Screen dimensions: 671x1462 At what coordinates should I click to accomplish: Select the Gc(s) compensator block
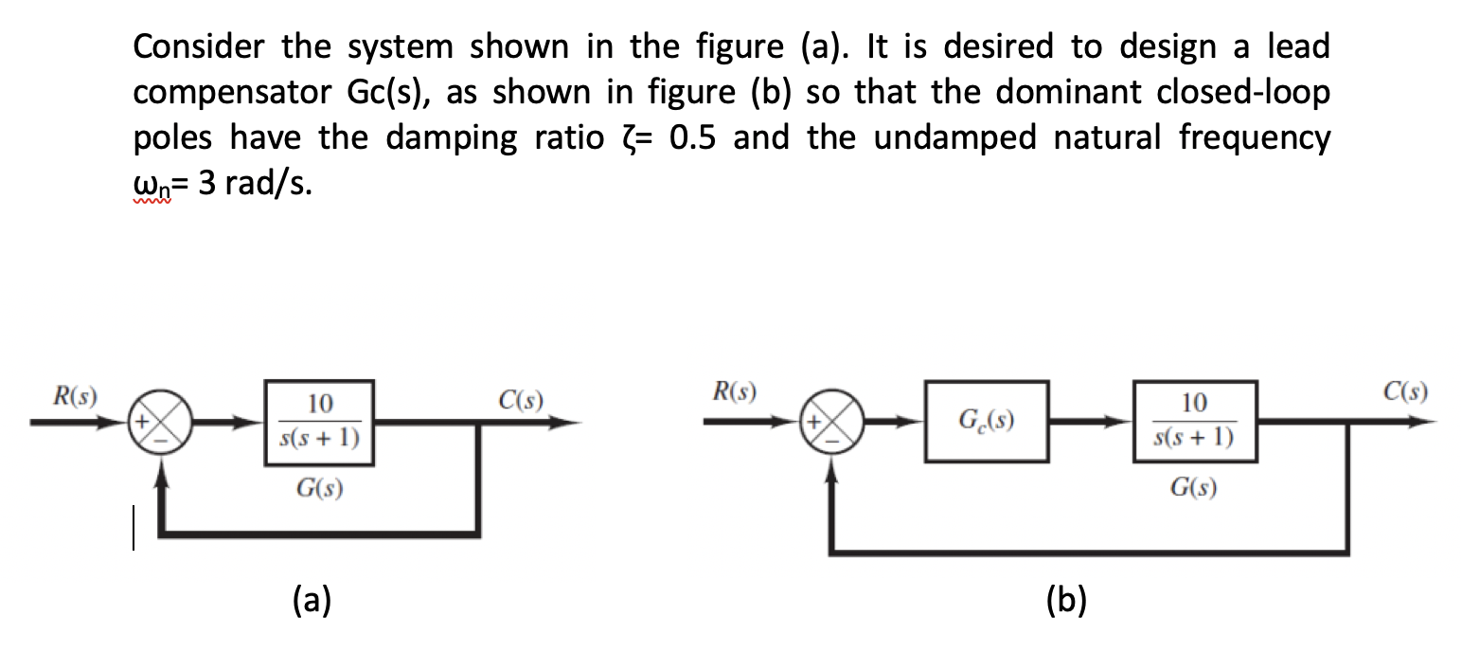tap(986, 422)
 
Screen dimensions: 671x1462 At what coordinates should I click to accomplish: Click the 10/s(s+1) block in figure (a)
tap(320, 422)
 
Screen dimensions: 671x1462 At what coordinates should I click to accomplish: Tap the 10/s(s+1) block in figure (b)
tap(1194, 422)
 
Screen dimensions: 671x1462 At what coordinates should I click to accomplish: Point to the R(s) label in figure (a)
tap(80, 392)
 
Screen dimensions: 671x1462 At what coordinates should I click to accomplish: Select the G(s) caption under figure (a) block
tap(319, 489)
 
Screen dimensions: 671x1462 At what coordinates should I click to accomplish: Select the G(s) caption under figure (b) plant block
tap(1193, 489)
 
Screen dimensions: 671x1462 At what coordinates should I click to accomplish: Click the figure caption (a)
tap(312, 600)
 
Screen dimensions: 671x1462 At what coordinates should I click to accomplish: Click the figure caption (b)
tap(1067, 600)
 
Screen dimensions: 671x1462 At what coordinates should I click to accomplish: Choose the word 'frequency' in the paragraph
tap(1254, 139)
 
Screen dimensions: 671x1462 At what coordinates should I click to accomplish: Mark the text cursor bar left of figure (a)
tap(134, 527)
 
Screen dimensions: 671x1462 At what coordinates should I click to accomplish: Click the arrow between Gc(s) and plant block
tap(1089, 422)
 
